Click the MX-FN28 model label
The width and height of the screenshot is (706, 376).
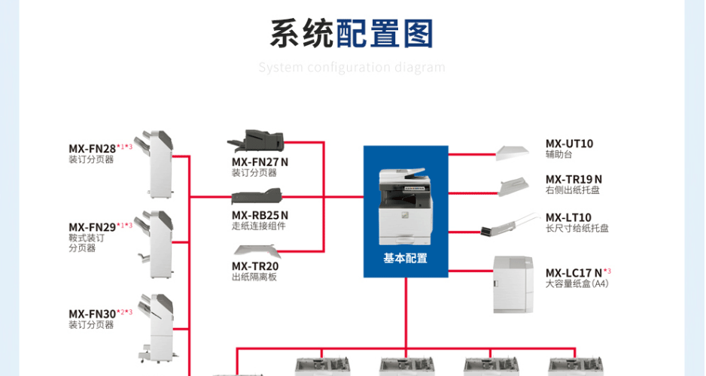(92, 148)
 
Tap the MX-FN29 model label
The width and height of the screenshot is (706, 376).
(92, 226)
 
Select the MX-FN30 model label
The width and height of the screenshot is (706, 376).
(92, 314)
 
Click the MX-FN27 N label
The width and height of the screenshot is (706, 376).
(260, 162)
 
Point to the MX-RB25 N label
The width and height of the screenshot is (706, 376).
(260, 215)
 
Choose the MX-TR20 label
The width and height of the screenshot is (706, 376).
(255, 266)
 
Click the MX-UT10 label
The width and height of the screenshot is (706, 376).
(569, 144)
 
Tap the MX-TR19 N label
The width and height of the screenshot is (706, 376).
(574, 179)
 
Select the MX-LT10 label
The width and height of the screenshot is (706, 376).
(568, 217)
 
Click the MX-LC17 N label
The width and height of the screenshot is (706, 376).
(574, 272)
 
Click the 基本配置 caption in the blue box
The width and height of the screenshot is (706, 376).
(405, 258)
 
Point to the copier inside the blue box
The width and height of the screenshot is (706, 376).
(405, 207)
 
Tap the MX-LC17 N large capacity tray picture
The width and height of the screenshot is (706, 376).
(513, 284)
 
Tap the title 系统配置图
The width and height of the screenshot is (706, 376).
(352, 34)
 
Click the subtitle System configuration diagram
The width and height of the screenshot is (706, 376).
(352, 68)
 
